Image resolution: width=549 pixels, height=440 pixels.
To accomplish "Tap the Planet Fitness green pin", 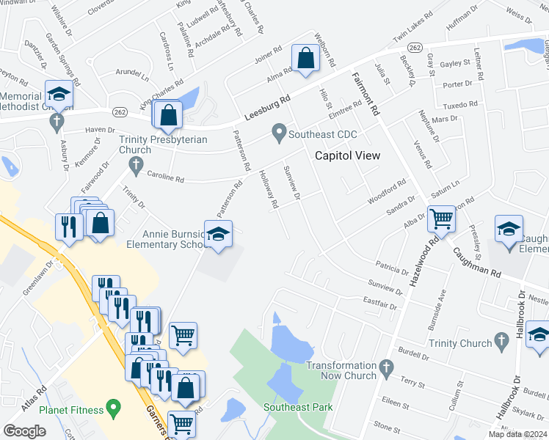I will pyautogui.click(x=112, y=406).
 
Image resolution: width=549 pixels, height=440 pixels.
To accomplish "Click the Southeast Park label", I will pyautogui.click(x=298, y=407).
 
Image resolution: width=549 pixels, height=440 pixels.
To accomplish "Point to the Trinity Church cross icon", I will pyautogui.click(x=501, y=341).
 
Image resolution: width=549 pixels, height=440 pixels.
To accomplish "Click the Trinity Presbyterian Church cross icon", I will pyautogui.click(x=135, y=163).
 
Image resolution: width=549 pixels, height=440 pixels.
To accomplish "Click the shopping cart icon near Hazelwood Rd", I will pyautogui.click(x=440, y=218).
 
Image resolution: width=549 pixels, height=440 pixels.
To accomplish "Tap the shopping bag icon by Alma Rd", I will pyautogui.click(x=305, y=57).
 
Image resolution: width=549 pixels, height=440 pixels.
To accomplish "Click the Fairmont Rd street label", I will pyautogui.click(x=365, y=92).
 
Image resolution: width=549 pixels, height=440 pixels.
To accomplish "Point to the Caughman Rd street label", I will pyautogui.click(x=476, y=261).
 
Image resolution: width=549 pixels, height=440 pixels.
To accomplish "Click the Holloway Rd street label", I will pyautogui.click(x=269, y=190).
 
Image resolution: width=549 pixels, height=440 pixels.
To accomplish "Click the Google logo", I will pyautogui.click(x=25, y=431).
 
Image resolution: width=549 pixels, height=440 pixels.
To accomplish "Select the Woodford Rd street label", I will pyautogui.click(x=387, y=188).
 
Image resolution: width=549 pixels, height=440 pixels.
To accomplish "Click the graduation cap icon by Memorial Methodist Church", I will pyautogui.click(x=58, y=94).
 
